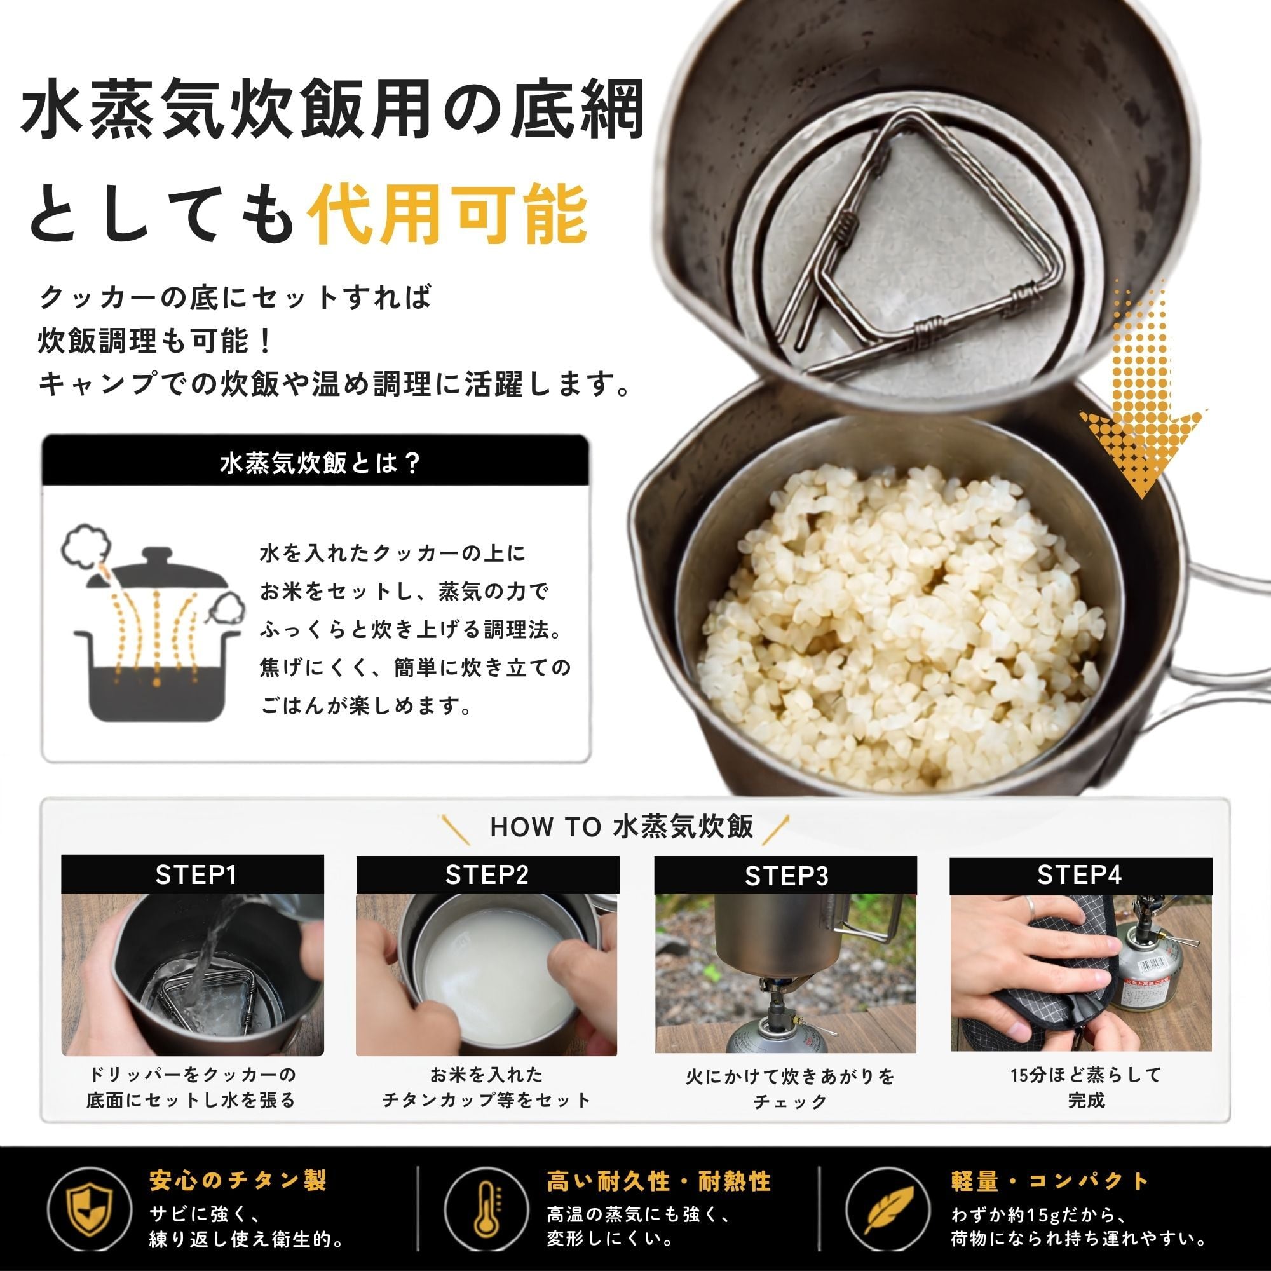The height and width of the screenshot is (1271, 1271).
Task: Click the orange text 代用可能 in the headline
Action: coord(449,214)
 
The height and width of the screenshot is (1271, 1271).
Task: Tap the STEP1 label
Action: coord(195,875)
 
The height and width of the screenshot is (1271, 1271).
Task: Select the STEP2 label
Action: coord(487,875)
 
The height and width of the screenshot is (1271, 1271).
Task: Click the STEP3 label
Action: coord(786,876)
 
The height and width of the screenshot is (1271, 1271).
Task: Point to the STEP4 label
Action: coord(1080,875)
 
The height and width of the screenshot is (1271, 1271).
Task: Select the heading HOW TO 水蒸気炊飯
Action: coord(621,827)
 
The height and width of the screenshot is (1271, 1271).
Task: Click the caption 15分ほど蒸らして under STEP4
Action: coord(1086,1075)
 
